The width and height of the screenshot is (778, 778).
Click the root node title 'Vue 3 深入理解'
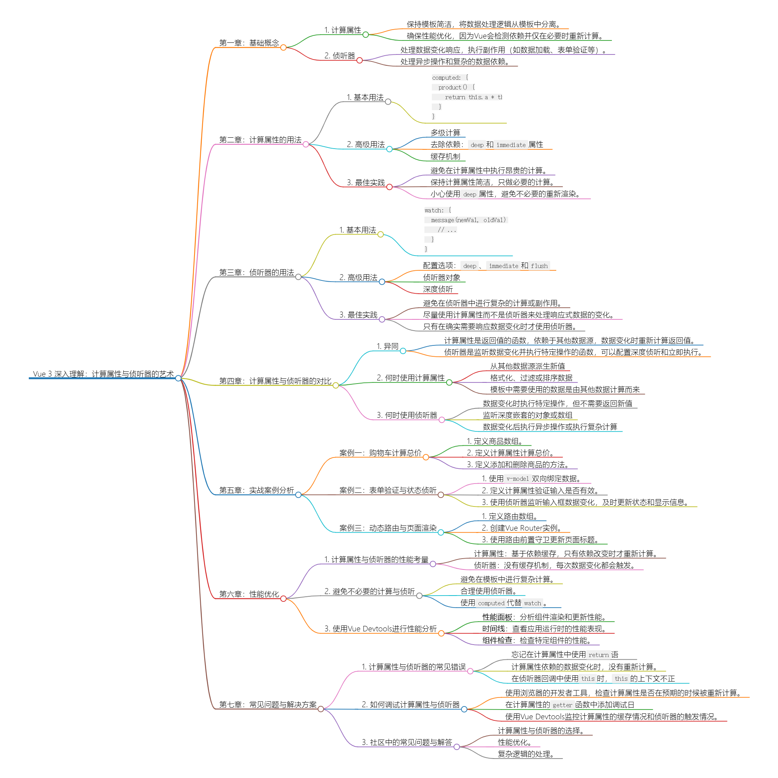(x=103, y=374)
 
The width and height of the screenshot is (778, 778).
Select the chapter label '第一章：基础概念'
(x=249, y=43)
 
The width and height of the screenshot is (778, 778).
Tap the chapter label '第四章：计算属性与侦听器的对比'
(x=275, y=381)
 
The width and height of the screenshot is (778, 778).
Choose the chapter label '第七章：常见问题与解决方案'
(x=268, y=705)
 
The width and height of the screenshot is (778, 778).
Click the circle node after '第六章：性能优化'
(x=284, y=599)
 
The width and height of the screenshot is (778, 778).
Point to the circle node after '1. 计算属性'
(x=366, y=35)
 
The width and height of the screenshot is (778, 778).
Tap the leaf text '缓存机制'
(x=445, y=156)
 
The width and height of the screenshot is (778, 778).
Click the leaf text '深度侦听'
(x=438, y=289)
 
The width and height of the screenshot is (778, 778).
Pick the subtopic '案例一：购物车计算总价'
(x=380, y=453)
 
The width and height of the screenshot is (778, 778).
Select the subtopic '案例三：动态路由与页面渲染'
(x=388, y=528)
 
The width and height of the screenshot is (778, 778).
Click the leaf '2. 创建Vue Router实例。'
(x=522, y=528)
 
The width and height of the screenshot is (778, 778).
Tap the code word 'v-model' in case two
(x=517, y=479)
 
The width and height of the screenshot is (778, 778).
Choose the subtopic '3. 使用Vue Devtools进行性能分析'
(x=380, y=629)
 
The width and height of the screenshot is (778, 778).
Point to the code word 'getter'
(x=562, y=705)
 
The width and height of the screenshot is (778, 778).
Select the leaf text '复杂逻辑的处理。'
(x=526, y=754)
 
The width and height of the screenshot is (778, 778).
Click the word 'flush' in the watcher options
(x=539, y=266)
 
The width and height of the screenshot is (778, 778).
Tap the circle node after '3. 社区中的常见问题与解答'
(x=457, y=747)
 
